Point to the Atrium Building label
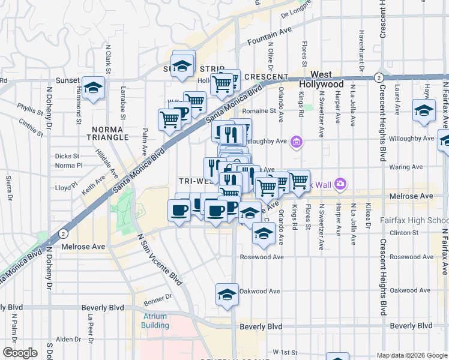click(x=155, y=320)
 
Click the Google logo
click(x=20, y=353)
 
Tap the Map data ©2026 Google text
click(x=411, y=355)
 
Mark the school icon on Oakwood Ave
click(x=227, y=295)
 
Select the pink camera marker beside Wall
click(x=341, y=184)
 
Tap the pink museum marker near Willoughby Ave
click(x=296, y=142)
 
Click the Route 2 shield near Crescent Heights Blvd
click(x=379, y=77)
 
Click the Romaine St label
click(x=259, y=110)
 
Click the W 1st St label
click(x=285, y=351)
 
